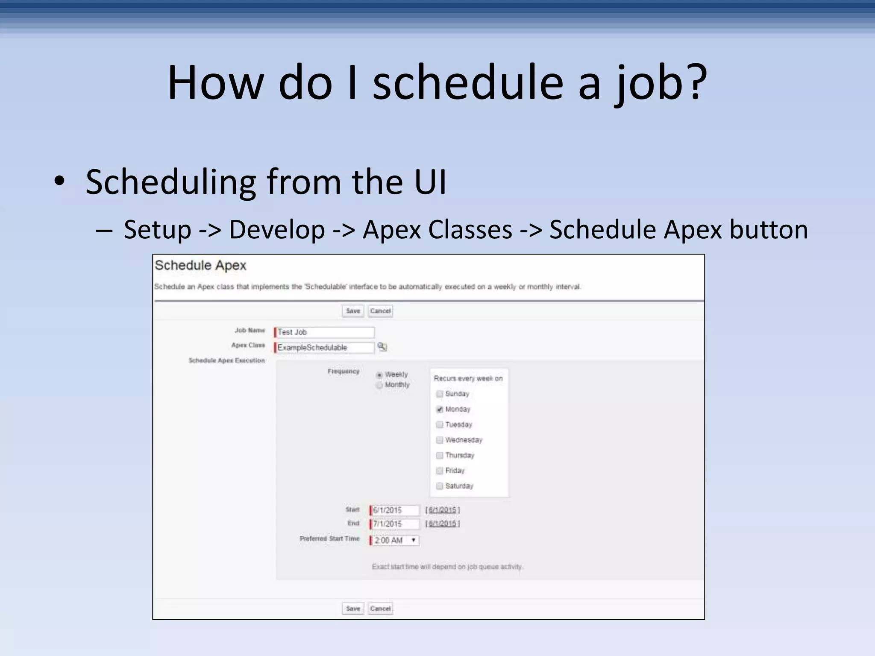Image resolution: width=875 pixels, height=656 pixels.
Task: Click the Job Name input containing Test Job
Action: (325, 332)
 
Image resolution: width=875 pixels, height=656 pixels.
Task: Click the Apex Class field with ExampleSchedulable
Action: (325, 348)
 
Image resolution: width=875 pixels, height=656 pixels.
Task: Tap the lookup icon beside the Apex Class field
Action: (382, 347)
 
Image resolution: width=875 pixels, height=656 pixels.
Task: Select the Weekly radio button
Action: (379, 375)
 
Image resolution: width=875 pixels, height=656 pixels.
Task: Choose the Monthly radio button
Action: (379, 385)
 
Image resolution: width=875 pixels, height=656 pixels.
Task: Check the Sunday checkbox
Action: (439, 394)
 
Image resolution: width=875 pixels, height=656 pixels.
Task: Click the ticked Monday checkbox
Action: (439, 409)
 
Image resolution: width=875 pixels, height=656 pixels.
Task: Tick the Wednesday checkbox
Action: (439, 440)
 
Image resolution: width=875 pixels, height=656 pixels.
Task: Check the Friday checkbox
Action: (439, 471)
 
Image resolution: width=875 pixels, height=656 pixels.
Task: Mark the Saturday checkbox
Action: (439, 486)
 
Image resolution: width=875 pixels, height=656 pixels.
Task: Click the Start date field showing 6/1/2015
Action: (395, 510)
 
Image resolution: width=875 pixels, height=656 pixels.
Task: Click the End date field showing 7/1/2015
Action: (395, 524)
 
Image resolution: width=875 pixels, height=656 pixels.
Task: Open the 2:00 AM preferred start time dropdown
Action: (395, 540)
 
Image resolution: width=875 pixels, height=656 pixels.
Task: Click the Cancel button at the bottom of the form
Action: (380, 609)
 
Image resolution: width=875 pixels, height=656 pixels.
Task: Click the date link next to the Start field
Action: (442, 510)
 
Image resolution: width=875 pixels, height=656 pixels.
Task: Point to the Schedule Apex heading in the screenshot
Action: (200, 265)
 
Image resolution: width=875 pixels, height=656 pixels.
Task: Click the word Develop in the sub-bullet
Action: (277, 229)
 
